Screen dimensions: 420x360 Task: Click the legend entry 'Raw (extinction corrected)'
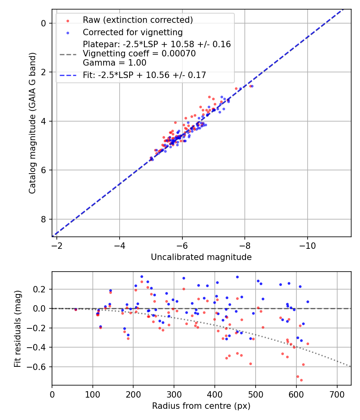138,20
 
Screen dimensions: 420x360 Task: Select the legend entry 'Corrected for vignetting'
132,32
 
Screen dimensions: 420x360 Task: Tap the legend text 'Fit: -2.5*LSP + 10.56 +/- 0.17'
144,75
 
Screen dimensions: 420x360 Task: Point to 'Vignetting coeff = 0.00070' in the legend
139,54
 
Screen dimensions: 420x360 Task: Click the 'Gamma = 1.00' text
114,63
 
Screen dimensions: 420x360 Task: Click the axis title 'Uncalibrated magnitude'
201,257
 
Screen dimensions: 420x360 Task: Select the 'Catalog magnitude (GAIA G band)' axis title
33,123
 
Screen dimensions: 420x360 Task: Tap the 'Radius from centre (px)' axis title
201,406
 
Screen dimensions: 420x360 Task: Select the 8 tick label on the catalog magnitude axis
44,219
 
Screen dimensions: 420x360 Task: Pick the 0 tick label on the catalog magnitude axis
44,23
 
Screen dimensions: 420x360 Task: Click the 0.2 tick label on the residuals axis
40,289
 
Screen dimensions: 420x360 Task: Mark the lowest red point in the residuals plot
301,380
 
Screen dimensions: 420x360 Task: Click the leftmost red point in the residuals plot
76,309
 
